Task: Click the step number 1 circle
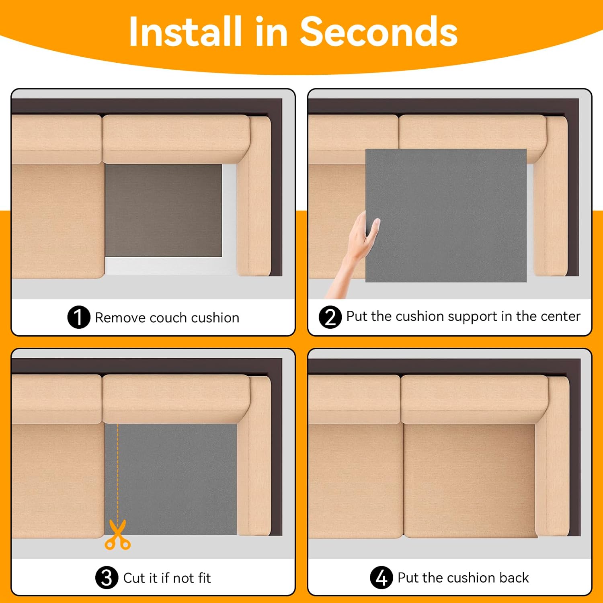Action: coord(79,317)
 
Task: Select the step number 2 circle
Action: coord(330,317)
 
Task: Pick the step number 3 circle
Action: coord(107,578)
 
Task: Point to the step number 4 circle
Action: coord(381,578)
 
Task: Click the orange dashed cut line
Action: coord(118,472)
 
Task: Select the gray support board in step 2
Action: coord(446,215)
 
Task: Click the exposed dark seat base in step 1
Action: coord(163,210)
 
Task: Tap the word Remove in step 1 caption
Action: coord(120,318)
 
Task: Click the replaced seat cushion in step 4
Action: coord(470,480)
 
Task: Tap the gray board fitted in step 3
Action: coord(171,479)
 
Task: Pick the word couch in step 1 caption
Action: coord(168,318)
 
